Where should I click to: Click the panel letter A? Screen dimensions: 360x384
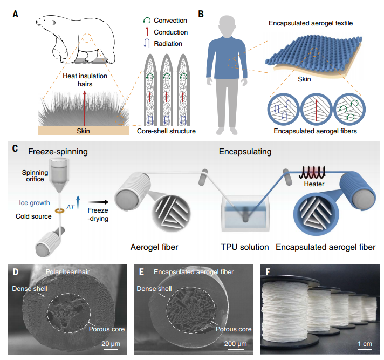(x=16, y=12)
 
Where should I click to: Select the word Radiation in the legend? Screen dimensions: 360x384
(x=168, y=44)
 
